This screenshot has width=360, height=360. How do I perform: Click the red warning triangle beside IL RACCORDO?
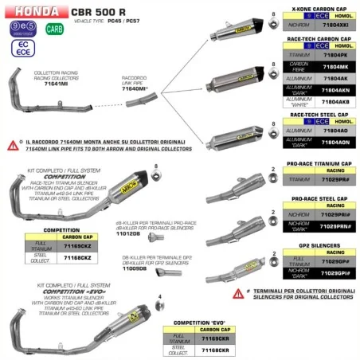coord(12,145)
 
